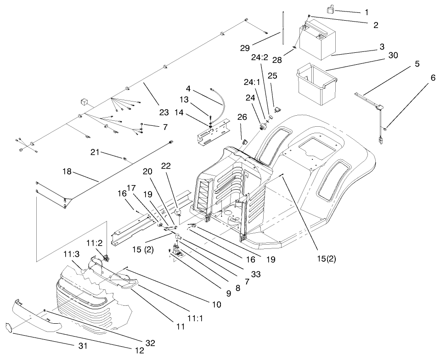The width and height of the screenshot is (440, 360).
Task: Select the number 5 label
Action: pos(417,64)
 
